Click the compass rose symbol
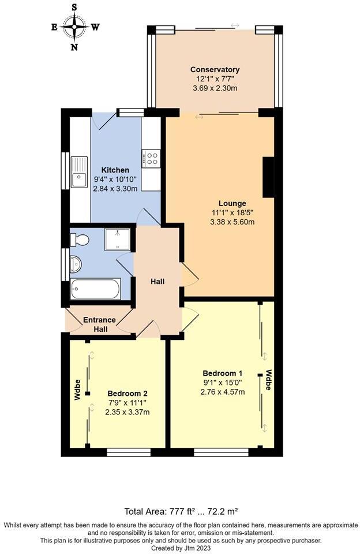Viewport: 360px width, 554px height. [74, 26]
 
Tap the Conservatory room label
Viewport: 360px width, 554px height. [215, 70]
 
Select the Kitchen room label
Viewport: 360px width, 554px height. [115, 170]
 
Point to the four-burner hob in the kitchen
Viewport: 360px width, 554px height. [151, 158]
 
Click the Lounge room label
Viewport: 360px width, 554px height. [232, 203]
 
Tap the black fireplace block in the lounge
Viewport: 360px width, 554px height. [268, 178]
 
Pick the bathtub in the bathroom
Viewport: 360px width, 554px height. [95, 289]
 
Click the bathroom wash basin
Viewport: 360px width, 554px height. [75, 264]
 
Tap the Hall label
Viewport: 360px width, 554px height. [157, 282]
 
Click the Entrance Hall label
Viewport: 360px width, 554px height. [99, 324]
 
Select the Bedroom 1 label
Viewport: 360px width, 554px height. [222, 372]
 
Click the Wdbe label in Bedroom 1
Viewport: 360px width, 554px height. [268, 380]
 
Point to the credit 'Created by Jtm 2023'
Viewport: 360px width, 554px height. [179, 548]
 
